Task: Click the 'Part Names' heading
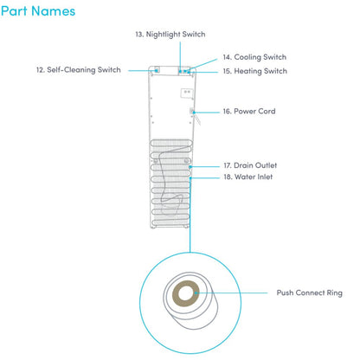tap(38, 11)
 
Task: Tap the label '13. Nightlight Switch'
tap(170, 35)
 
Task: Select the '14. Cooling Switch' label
tap(254, 57)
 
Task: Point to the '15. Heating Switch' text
tap(255, 71)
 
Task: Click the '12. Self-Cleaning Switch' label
tap(79, 70)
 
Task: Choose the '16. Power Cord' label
tap(249, 112)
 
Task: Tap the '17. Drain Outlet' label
tap(250, 165)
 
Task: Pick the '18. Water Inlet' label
tap(248, 177)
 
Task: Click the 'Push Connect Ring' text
tap(310, 293)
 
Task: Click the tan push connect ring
tap(176, 293)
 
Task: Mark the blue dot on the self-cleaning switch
tap(157, 70)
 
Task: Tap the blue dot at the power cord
tap(194, 112)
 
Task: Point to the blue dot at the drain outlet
tap(190, 167)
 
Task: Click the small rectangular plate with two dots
tap(187, 93)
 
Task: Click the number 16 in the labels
tap(227, 112)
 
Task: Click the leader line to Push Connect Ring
tap(232, 292)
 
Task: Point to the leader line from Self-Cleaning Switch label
tap(142, 70)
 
